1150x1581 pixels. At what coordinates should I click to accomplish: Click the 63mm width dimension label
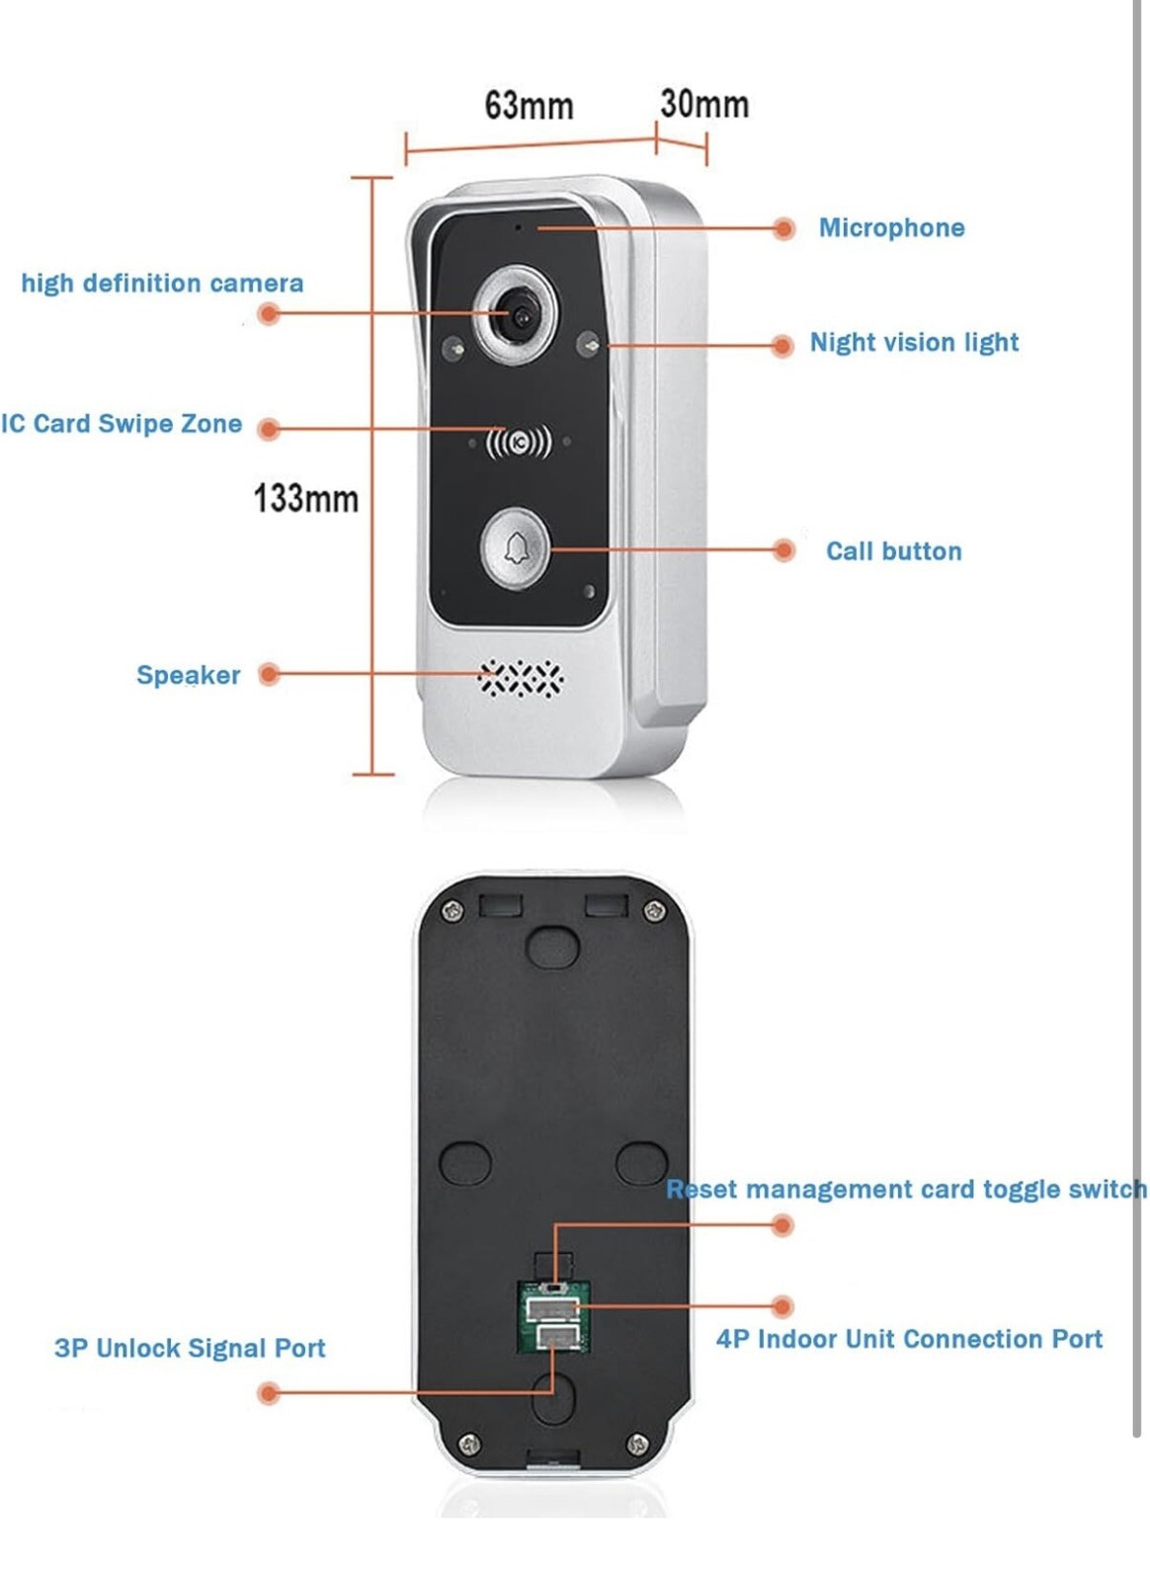(529, 106)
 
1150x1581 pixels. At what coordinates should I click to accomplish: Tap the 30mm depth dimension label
(704, 104)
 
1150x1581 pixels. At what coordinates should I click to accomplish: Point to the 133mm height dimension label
(306, 498)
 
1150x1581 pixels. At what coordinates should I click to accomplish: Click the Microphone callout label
(892, 228)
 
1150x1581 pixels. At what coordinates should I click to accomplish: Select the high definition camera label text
(162, 284)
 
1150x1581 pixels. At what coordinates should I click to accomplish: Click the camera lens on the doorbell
(521, 315)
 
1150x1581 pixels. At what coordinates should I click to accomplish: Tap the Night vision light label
(914, 343)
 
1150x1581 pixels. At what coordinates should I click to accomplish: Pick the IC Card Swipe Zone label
(122, 424)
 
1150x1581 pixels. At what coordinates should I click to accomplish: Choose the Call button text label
(894, 551)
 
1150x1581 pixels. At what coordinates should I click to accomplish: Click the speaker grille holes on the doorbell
(521, 679)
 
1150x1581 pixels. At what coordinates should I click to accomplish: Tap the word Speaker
(189, 676)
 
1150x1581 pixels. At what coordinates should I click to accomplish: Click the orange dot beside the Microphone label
(783, 228)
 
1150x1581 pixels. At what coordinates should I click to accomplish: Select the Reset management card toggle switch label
(907, 1190)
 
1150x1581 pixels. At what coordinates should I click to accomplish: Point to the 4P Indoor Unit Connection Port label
(909, 1339)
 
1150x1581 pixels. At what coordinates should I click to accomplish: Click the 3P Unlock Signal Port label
(190, 1348)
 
